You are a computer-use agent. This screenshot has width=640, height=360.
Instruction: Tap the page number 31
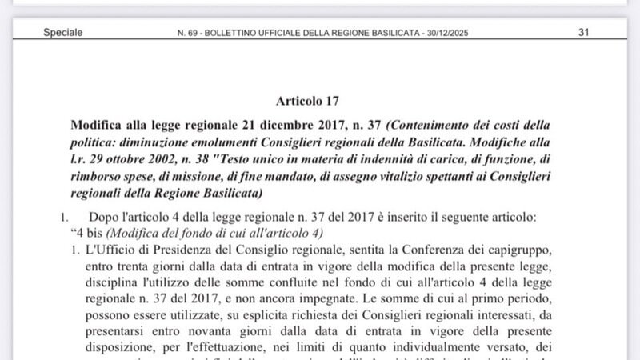(x=583, y=33)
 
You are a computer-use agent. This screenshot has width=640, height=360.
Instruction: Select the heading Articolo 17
(x=308, y=102)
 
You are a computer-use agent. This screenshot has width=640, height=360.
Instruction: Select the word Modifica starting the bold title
(x=96, y=126)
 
